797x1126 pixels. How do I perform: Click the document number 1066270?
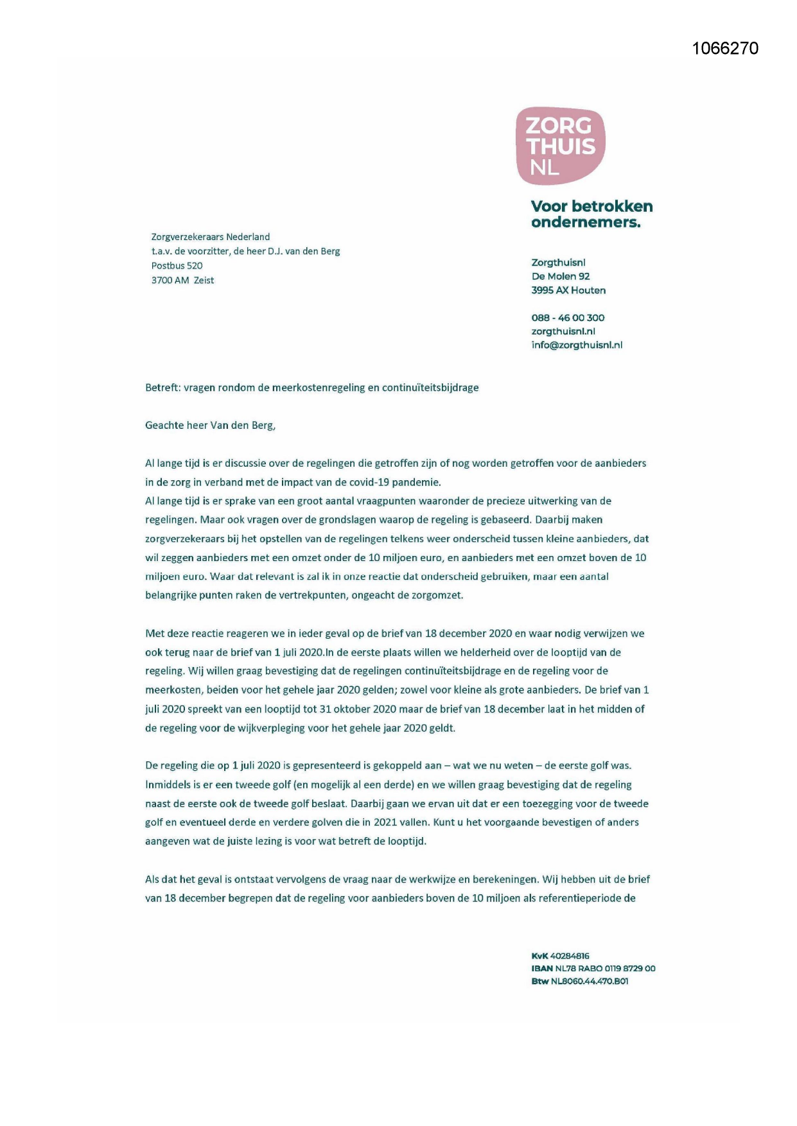(725, 49)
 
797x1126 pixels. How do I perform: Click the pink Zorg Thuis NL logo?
(560, 146)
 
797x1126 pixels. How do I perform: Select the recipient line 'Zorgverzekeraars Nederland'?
(210, 237)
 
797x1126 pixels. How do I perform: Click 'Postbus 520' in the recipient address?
(177, 266)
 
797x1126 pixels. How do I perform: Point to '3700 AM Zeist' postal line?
(182, 281)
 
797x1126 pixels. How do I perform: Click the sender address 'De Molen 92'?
(560, 276)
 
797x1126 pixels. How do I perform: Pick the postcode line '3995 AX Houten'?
(568, 290)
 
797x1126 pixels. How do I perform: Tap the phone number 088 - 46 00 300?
(567, 318)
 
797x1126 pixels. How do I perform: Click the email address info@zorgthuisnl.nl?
(577, 345)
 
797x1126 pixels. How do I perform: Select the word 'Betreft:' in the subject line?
(162, 388)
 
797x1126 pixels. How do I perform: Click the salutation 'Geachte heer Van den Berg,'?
(210, 425)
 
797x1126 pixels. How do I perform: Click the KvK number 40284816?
(569, 956)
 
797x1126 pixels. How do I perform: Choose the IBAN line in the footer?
(593, 969)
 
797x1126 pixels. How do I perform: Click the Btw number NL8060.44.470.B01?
(589, 982)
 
